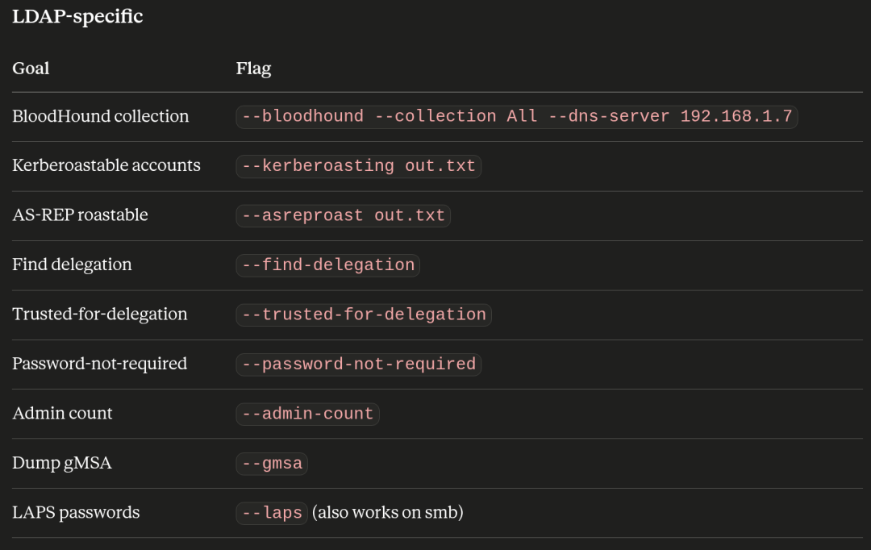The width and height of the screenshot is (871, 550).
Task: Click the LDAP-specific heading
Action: pyautogui.click(x=77, y=17)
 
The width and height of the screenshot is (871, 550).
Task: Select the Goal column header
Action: pyautogui.click(x=31, y=69)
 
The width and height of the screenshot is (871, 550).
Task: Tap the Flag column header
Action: pyautogui.click(x=253, y=69)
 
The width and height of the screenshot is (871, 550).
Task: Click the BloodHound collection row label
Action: pyautogui.click(x=101, y=116)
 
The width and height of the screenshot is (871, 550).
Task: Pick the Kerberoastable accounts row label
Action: pyautogui.click(x=106, y=165)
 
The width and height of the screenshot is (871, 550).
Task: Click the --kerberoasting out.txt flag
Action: pyautogui.click(x=358, y=166)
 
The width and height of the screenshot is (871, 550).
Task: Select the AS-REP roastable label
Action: pyautogui.click(x=80, y=215)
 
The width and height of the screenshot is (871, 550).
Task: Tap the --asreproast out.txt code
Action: pyautogui.click(x=344, y=215)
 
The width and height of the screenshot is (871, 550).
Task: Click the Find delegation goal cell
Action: pyautogui.click(x=73, y=265)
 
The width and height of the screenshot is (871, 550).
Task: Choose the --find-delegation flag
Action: pyautogui.click(x=327, y=265)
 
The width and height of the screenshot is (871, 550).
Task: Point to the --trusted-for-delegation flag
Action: pyautogui.click(x=364, y=315)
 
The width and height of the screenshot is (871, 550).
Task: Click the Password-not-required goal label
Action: pyautogui.click(x=99, y=364)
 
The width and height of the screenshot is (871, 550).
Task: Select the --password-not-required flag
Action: pyautogui.click(x=358, y=365)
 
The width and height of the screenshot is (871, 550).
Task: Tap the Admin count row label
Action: pyautogui.click(x=62, y=414)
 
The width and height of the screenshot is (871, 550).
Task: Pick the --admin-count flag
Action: pyautogui.click(x=308, y=414)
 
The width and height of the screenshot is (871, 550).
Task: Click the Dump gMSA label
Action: pyautogui.click(x=61, y=464)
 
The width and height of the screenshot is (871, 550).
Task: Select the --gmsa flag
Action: pyautogui.click(x=272, y=464)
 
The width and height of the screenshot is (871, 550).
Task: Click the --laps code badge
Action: pyautogui.click(x=272, y=513)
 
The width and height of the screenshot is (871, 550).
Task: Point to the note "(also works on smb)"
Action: pyautogui.click(x=388, y=513)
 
